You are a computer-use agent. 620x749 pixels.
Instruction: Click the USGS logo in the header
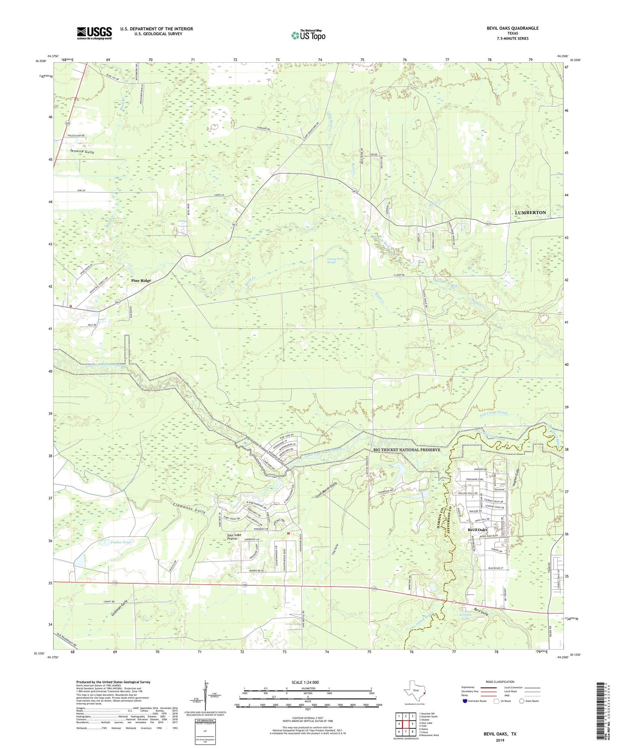tap(94, 33)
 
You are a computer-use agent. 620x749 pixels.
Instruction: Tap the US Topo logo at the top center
tap(308, 35)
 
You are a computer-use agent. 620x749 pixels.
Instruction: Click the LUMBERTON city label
tap(530, 213)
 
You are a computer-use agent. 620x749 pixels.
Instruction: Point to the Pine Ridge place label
tap(141, 281)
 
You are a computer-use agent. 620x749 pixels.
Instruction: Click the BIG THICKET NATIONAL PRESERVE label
tap(406, 450)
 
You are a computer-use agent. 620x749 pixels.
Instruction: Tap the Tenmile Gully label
tap(82, 152)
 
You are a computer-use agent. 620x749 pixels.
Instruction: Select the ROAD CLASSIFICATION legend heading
tap(501, 682)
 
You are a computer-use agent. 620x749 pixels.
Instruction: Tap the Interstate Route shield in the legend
tap(466, 701)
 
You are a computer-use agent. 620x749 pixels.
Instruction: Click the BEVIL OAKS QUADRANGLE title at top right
tap(512, 28)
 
